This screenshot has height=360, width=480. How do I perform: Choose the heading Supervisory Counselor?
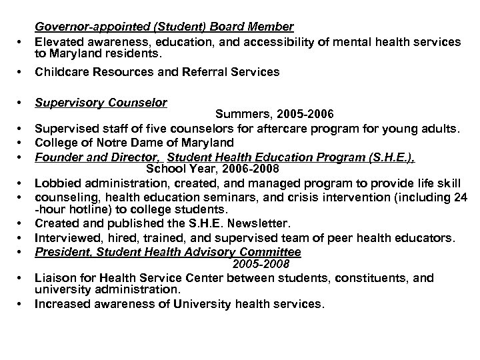pyautogui.click(x=101, y=103)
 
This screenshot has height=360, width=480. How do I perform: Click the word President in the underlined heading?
pyautogui.click(x=62, y=252)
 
